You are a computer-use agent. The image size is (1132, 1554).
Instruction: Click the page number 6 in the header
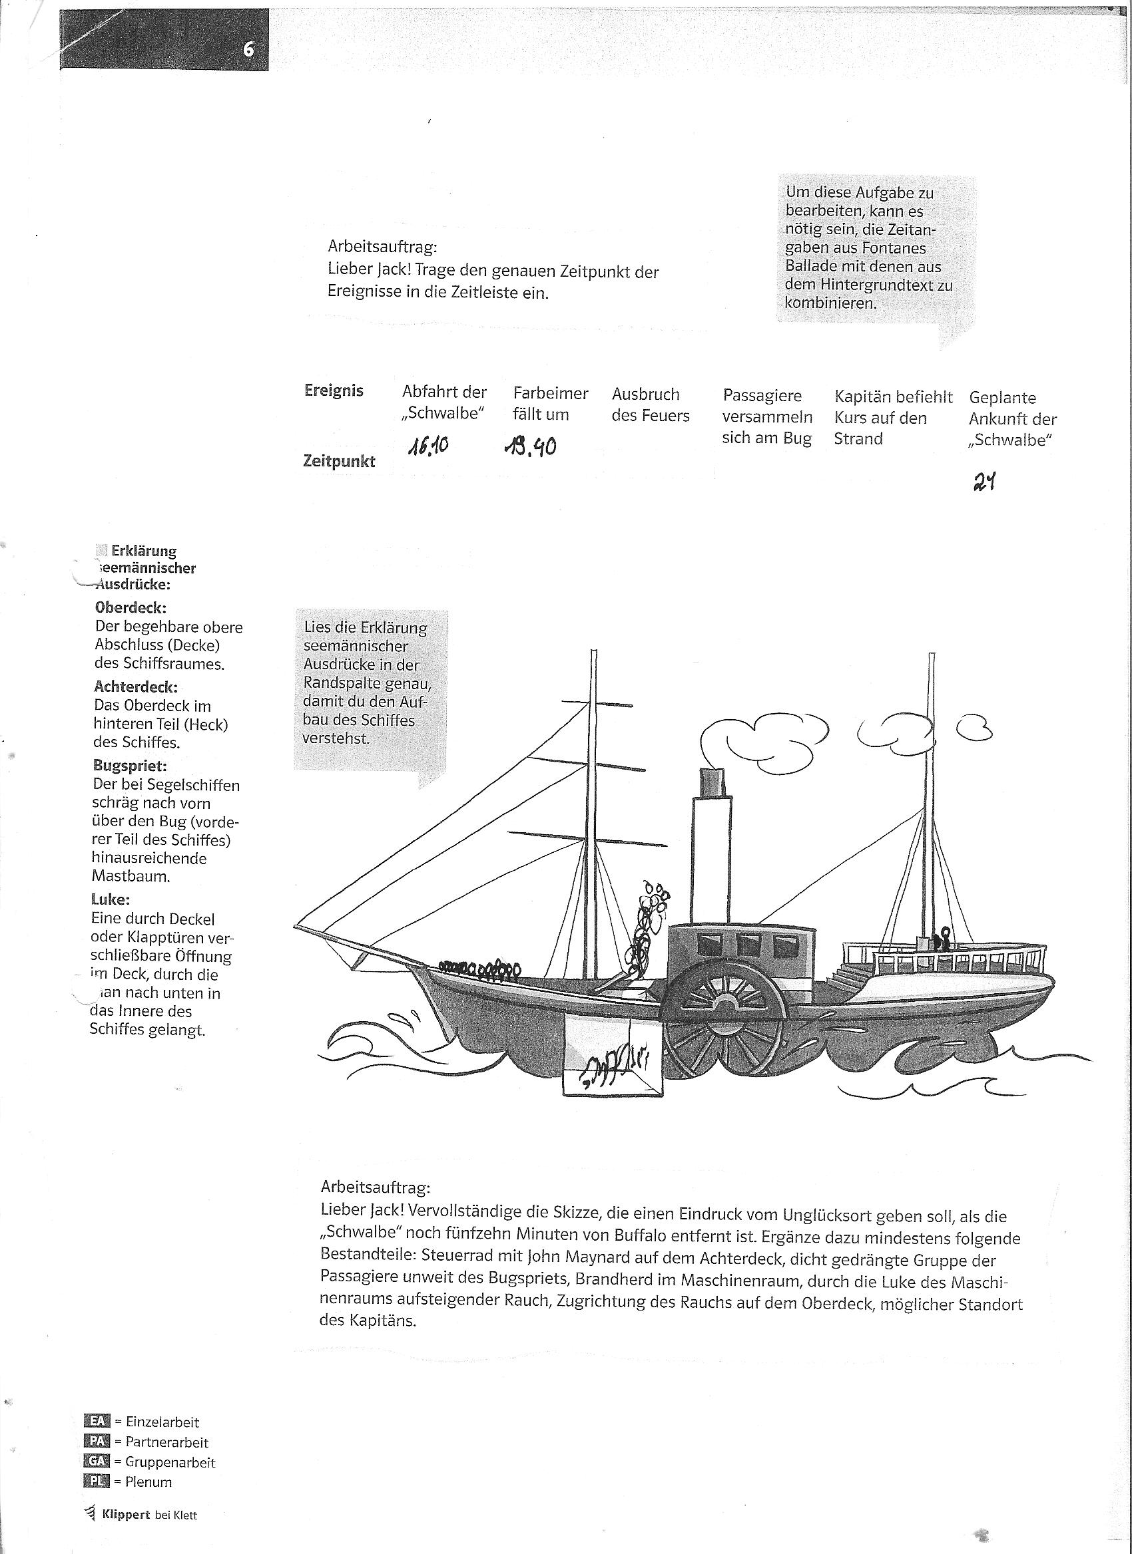click(248, 49)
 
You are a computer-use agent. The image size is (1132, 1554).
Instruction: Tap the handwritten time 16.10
click(429, 448)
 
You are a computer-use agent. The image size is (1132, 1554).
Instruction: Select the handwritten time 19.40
click(529, 447)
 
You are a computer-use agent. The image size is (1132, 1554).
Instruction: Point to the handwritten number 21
click(984, 483)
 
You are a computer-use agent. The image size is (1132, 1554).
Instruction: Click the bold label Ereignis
click(333, 390)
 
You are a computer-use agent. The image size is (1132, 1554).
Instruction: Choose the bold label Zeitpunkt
click(339, 461)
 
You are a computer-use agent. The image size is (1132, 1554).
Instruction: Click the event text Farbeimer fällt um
click(550, 404)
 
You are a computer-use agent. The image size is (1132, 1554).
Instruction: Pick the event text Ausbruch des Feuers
click(650, 405)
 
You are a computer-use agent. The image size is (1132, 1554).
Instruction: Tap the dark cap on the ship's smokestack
click(712, 782)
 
